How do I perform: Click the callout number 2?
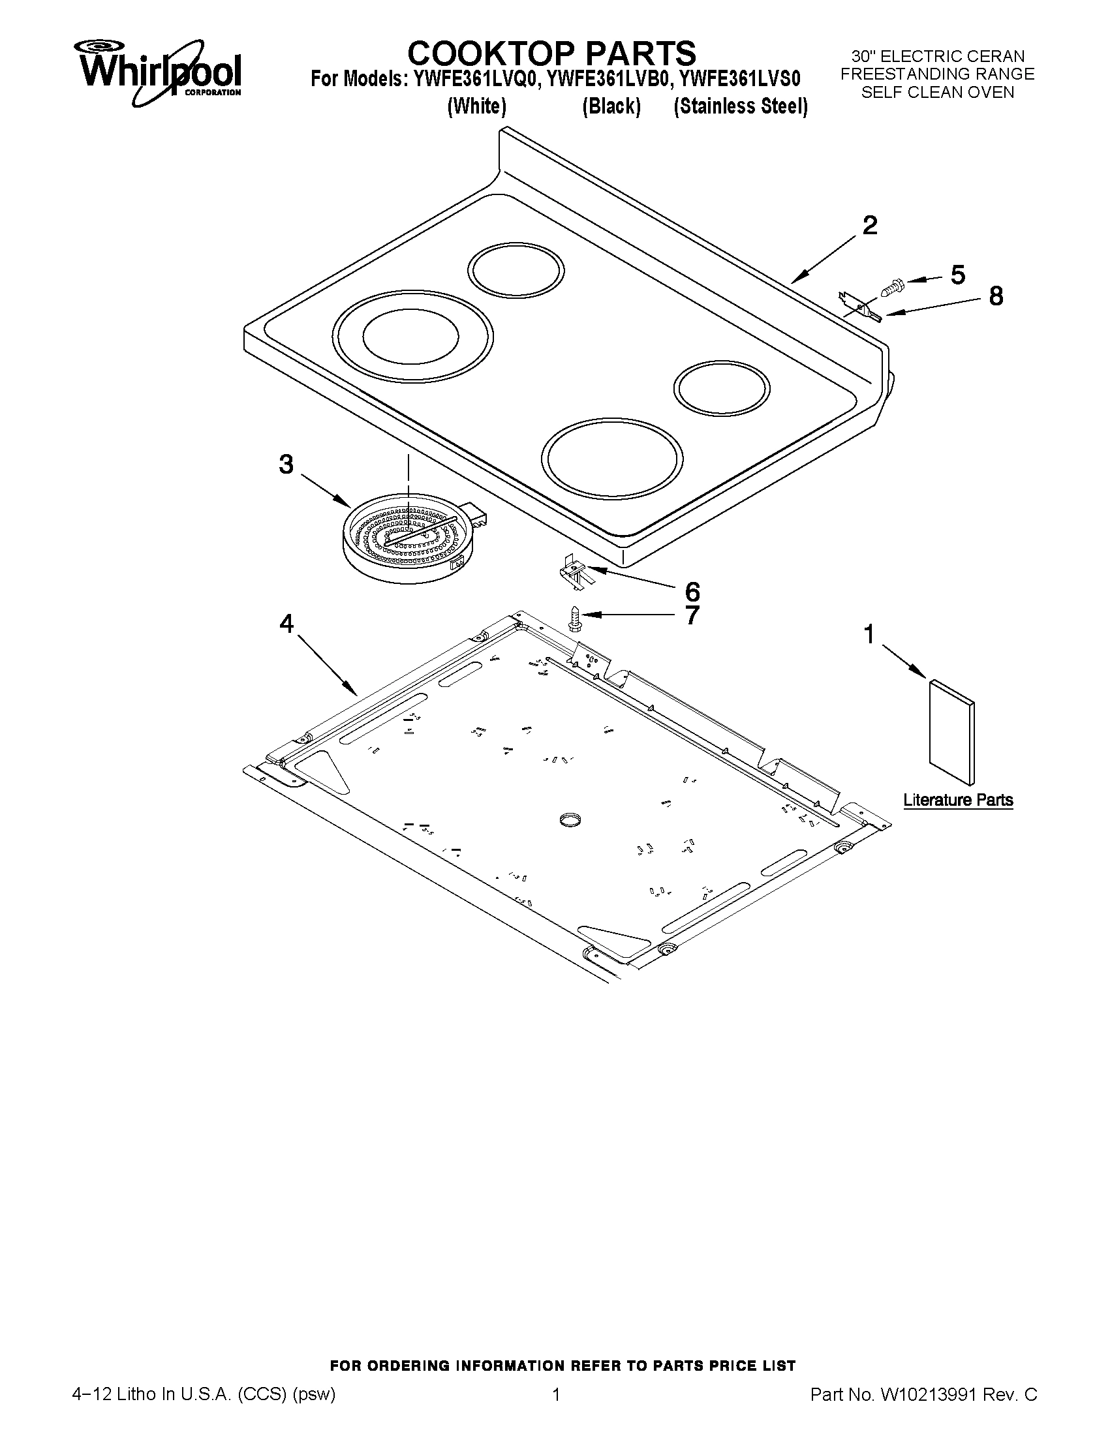point(869,226)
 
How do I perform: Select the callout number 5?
point(957,275)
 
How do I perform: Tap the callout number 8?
point(996,297)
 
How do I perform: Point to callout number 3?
point(286,465)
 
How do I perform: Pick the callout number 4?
point(286,622)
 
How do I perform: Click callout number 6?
point(692,592)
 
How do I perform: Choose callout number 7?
point(692,616)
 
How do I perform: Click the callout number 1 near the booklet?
point(869,635)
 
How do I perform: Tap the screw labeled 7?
point(573,618)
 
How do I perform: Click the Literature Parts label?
point(957,800)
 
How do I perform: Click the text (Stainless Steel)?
point(741,106)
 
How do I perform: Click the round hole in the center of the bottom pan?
point(570,819)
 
